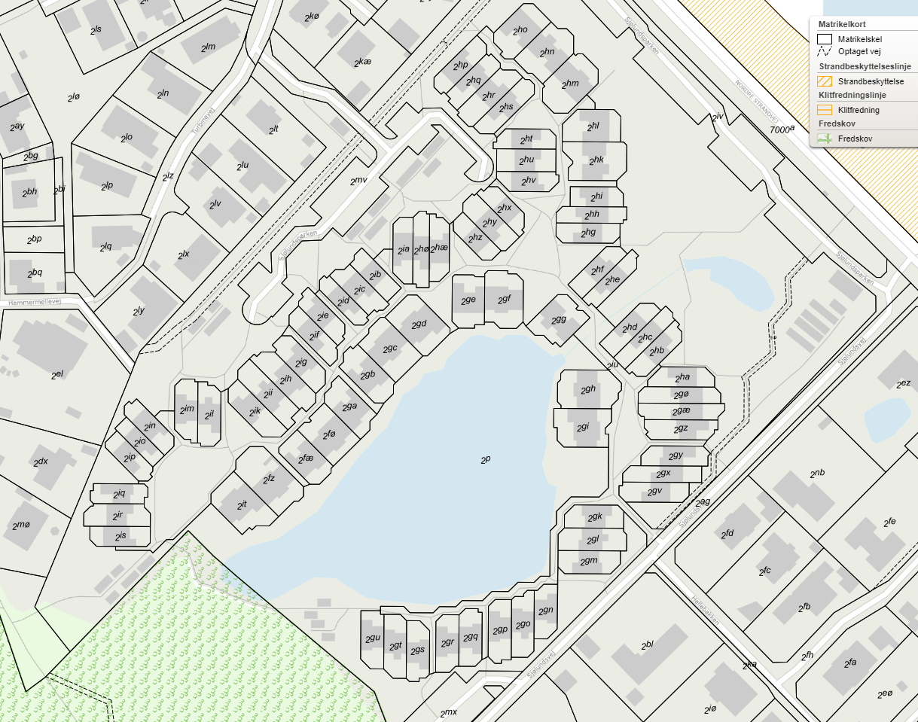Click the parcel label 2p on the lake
click(x=486, y=458)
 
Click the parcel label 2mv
click(x=358, y=181)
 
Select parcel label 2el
click(x=57, y=374)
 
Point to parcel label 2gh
click(x=588, y=389)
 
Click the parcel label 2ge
click(x=468, y=300)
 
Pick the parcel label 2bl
click(x=648, y=645)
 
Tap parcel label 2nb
click(x=818, y=474)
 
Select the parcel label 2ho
click(x=520, y=31)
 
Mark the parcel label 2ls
click(x=96, y=29)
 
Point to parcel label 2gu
click(x=373, y=638)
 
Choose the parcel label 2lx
click(x=184, y=254)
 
